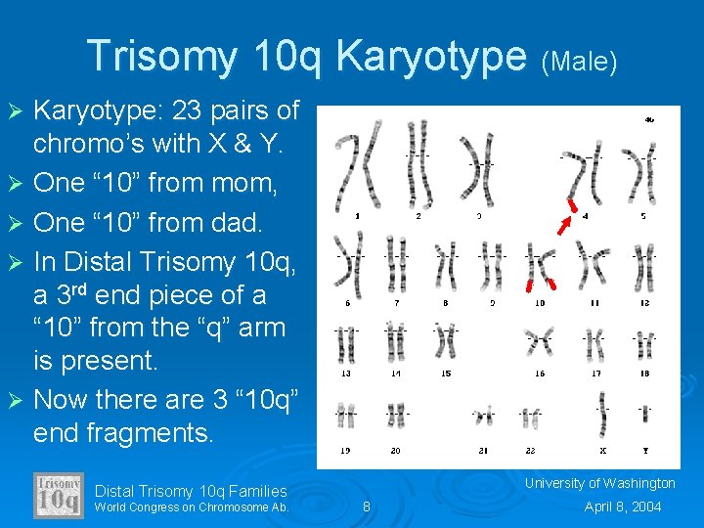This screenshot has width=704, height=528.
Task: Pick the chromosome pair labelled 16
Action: pos(540,342)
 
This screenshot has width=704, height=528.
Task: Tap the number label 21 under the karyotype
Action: pos(483,451)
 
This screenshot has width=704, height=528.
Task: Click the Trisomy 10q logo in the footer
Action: pos(59,496)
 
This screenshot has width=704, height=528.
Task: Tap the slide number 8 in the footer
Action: pos(367,506)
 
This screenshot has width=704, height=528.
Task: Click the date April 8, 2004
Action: pos(623,506)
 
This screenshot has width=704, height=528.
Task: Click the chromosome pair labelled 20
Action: pos(395,415)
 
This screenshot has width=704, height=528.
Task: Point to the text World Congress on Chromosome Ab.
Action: pos(192,506)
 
